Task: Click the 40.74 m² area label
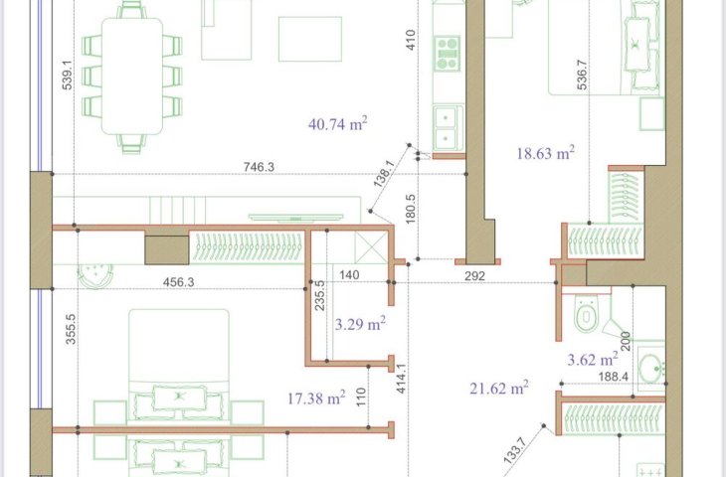[337, 124]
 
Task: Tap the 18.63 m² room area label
[545, 153]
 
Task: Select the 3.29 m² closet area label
[360, 324]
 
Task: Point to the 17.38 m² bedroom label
[316, 397]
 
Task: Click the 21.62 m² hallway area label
[499, 388]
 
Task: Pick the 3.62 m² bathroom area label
[593, 359]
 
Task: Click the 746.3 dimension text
[259, 167]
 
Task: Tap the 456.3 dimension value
[179, 282]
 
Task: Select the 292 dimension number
[474, 275]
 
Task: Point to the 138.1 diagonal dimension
[384, 174]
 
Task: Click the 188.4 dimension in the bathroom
[613, 377]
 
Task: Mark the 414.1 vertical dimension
[401, 379]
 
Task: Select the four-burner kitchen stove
[448, 54]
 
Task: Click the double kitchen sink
[448, 128]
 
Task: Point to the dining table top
[132, 76]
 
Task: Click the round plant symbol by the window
[94, 274]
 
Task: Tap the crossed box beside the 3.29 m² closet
[371, 247]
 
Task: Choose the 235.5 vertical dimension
[319, 295]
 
